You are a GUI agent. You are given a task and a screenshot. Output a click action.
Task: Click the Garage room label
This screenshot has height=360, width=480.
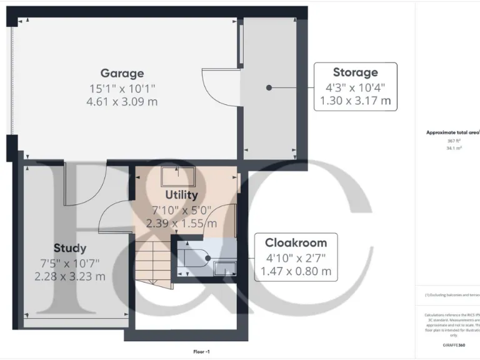click(x=122, y=73)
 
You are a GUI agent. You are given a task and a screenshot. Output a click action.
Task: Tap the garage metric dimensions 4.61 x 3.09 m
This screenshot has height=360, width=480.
click(x=122, y=101)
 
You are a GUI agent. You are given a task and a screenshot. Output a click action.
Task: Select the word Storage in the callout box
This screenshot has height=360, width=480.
click(x=355, y=72)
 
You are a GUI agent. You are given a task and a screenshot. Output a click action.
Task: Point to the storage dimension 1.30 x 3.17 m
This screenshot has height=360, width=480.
click(x=355, y=100)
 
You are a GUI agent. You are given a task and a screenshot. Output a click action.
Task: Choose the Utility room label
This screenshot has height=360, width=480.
click(x=181, y=195)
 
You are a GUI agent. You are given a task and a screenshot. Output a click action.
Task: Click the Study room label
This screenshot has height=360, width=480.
click(x=69, y=248)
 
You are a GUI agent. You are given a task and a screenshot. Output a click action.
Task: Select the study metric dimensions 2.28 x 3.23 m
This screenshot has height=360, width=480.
click(x=69, y=276)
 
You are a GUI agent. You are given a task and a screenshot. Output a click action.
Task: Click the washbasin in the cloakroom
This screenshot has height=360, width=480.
click(x=224, y=268)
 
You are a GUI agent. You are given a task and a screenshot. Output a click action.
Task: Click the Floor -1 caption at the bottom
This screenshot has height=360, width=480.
click(x=201, y=352)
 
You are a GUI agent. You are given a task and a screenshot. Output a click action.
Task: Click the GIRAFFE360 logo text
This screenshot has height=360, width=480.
click(x=453, y=345)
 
